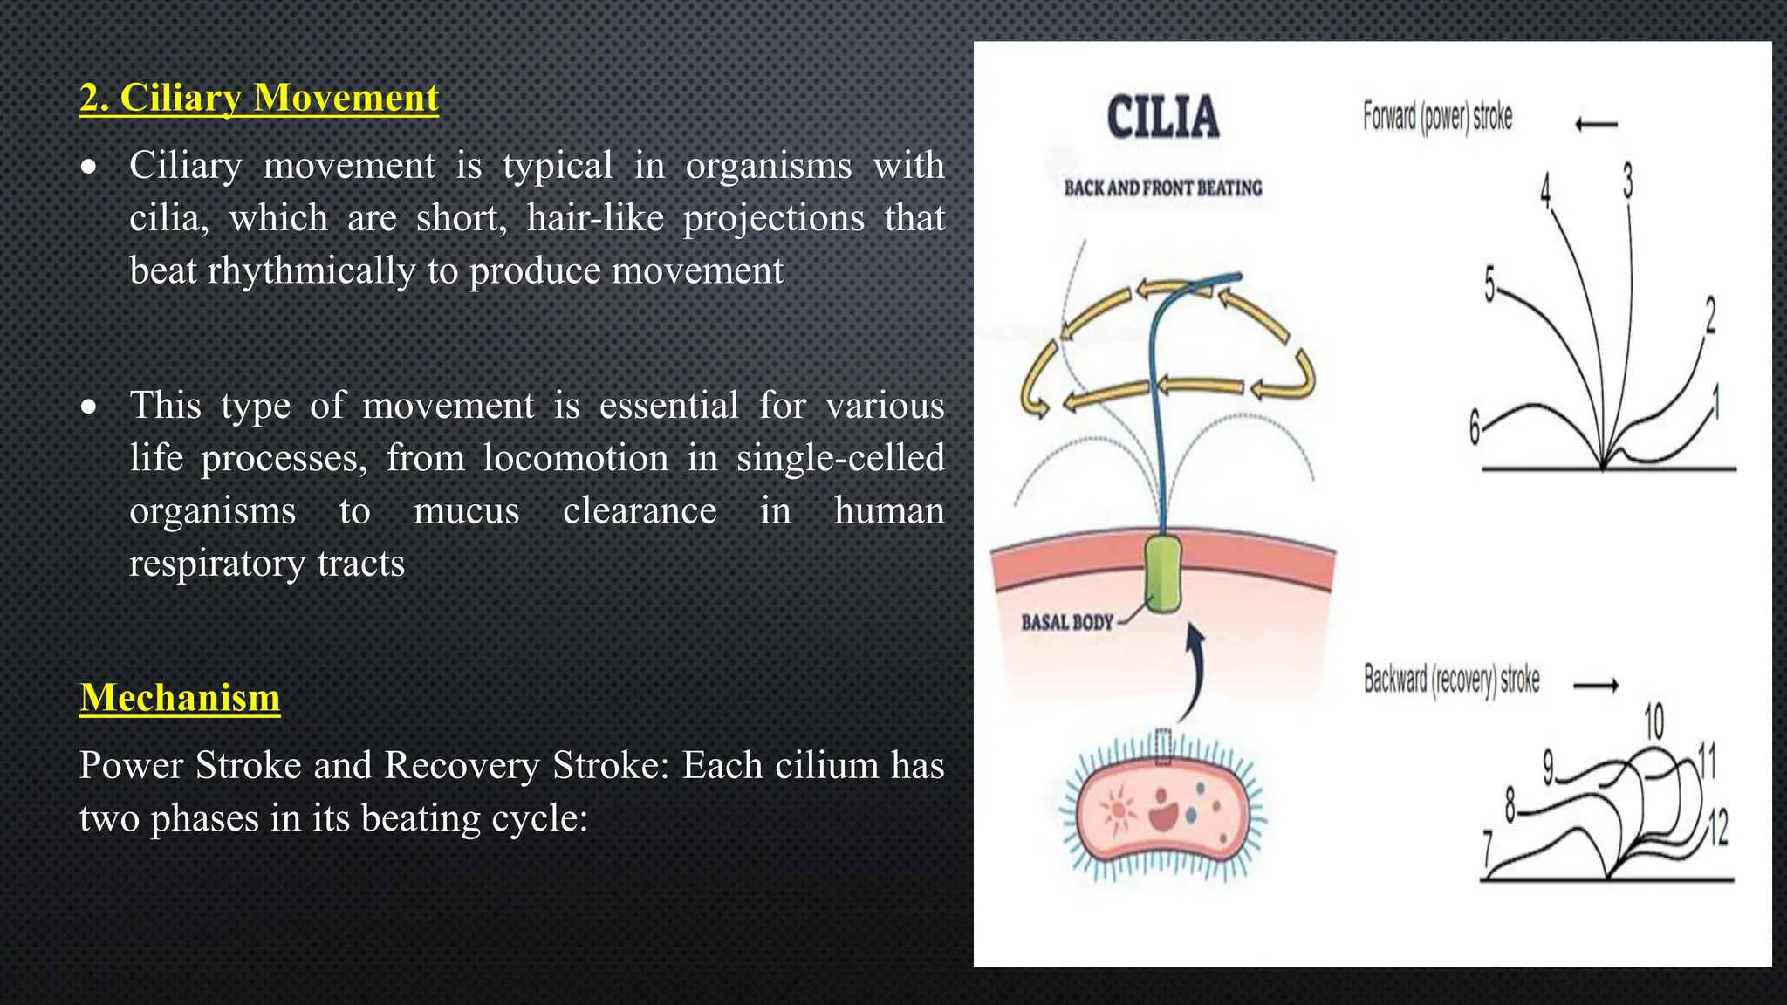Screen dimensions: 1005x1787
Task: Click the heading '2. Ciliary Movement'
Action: (259, 98)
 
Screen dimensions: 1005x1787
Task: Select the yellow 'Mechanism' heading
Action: (180, 698)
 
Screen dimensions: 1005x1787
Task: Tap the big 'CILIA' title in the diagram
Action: (1163, 118)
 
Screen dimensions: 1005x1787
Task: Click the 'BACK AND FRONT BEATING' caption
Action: (1163, 188)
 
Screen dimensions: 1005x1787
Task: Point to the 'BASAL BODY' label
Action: (1067, 623)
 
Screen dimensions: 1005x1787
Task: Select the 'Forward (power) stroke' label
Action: (1437, 117)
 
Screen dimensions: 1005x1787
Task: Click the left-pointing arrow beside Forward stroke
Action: (1596, 125)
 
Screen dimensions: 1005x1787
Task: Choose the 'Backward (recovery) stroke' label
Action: (1451, 680)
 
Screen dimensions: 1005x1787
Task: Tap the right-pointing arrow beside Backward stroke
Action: (1596, 687)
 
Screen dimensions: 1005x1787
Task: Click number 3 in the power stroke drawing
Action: (1627, 181)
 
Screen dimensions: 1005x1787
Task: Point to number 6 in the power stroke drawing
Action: (1475, 427)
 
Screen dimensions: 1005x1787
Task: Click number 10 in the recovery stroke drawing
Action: (1653, 721)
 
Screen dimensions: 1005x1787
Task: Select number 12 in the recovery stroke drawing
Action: (1717, 827)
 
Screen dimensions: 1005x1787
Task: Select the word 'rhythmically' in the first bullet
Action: (311, 271)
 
